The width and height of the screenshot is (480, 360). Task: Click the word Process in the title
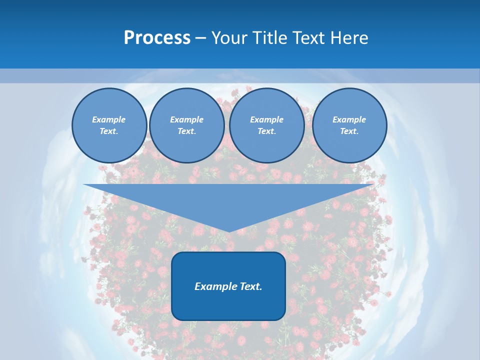pos(157,38)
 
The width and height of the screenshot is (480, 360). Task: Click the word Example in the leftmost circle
pos(108,119)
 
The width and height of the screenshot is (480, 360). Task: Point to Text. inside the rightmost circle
pos(349,131)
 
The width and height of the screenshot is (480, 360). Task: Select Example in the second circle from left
pos(186,119)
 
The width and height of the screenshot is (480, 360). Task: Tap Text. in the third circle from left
pos(266,131)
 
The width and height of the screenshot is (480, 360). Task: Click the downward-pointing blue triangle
pos(228,200)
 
